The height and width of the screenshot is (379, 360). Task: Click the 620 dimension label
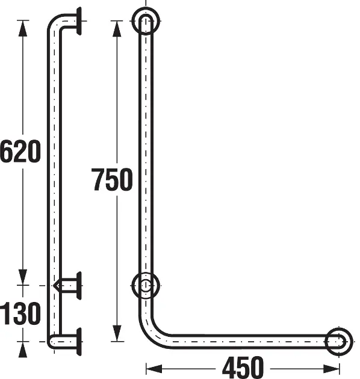tap(20, 152)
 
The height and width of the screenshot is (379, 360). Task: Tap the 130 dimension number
tap(20, 313)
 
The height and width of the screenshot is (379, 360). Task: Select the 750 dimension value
tap(112, 179)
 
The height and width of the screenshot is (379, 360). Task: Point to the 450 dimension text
tap(243, 368)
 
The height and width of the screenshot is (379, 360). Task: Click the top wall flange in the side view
tap(79, 21)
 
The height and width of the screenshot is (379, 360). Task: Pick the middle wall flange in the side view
tap(79, 286)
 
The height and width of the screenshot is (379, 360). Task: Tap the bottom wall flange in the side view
tap(79, 342)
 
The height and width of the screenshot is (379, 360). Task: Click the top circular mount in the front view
tap(146, 8)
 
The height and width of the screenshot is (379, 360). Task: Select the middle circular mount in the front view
tap(146, 273)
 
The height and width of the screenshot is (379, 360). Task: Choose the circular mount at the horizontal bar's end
tap(339, 329)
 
